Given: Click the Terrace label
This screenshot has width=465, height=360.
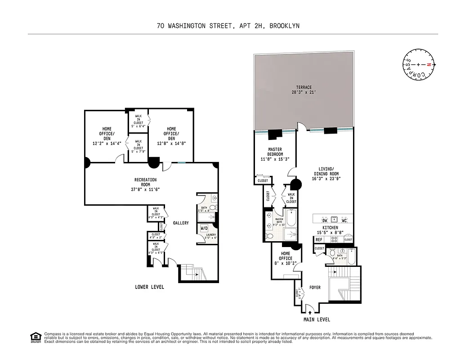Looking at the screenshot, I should click(304, 90).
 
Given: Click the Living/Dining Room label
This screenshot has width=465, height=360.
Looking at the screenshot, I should click(325, 174).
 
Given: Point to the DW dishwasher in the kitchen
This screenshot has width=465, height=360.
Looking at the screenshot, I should click(324, 220).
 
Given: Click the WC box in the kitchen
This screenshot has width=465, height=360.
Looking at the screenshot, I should click(344, 220).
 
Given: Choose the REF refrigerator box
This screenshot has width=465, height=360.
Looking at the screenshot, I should click(319, 240).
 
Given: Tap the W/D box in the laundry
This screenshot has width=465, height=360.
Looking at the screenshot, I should click(204, 229).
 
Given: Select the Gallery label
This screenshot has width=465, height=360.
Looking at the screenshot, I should click(181, 223).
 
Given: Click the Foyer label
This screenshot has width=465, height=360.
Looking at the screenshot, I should click(315, 288).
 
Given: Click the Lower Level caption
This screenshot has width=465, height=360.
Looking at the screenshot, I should click(150, 287).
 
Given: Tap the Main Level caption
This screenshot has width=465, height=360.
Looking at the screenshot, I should click(316, 320).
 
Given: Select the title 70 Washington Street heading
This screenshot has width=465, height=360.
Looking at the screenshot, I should click(228, 26).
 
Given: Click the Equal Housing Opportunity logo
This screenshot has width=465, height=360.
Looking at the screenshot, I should click(35, 337).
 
